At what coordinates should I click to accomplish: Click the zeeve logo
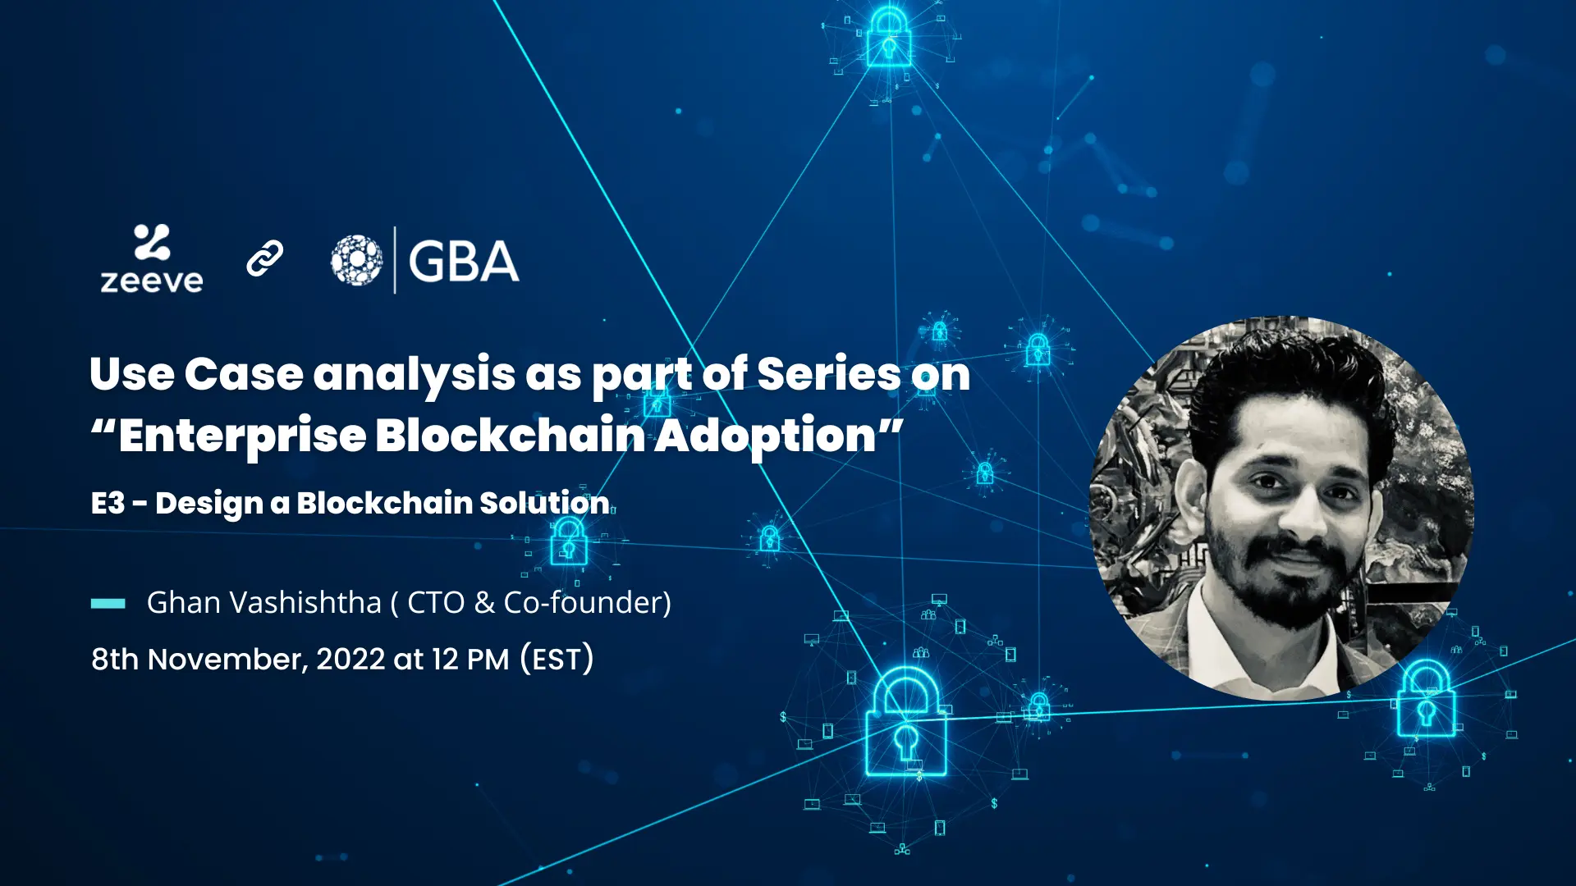(152, 258)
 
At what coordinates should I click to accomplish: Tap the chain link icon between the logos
(265, 258)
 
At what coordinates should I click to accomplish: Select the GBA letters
(464, 262)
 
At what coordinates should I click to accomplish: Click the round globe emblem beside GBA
(356, 260)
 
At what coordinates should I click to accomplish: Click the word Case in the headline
(244, 374)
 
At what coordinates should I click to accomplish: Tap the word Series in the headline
(829, 374)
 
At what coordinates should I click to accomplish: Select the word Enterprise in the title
(243, 436)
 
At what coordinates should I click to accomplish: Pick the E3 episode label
(108, 503)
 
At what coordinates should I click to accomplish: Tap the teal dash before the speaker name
(108, 604)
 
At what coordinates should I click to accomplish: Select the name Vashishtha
(305, 603)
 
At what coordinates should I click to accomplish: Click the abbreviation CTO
(437, 603)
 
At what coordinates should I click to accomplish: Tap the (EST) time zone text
(557, 659)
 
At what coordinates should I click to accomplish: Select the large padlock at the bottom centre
(906, 722)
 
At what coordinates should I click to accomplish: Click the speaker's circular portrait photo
(1281, 509)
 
